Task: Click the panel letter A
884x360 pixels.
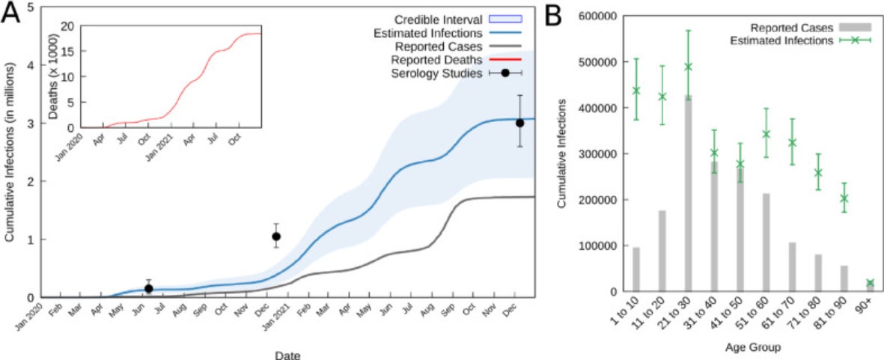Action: point(14,16)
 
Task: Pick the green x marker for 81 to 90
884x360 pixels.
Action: point(844,198)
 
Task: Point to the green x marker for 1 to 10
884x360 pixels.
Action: point(636,91)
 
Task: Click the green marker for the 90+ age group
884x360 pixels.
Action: point(870,283)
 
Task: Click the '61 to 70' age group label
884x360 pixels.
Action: point(788,314)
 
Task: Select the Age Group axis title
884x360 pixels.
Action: point(753,347)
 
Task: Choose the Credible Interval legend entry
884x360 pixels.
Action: point(439,19)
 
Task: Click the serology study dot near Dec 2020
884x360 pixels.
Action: point(276,237)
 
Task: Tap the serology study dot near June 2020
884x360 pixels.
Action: point(148,288)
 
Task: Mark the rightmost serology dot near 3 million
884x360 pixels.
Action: point(519,123)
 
